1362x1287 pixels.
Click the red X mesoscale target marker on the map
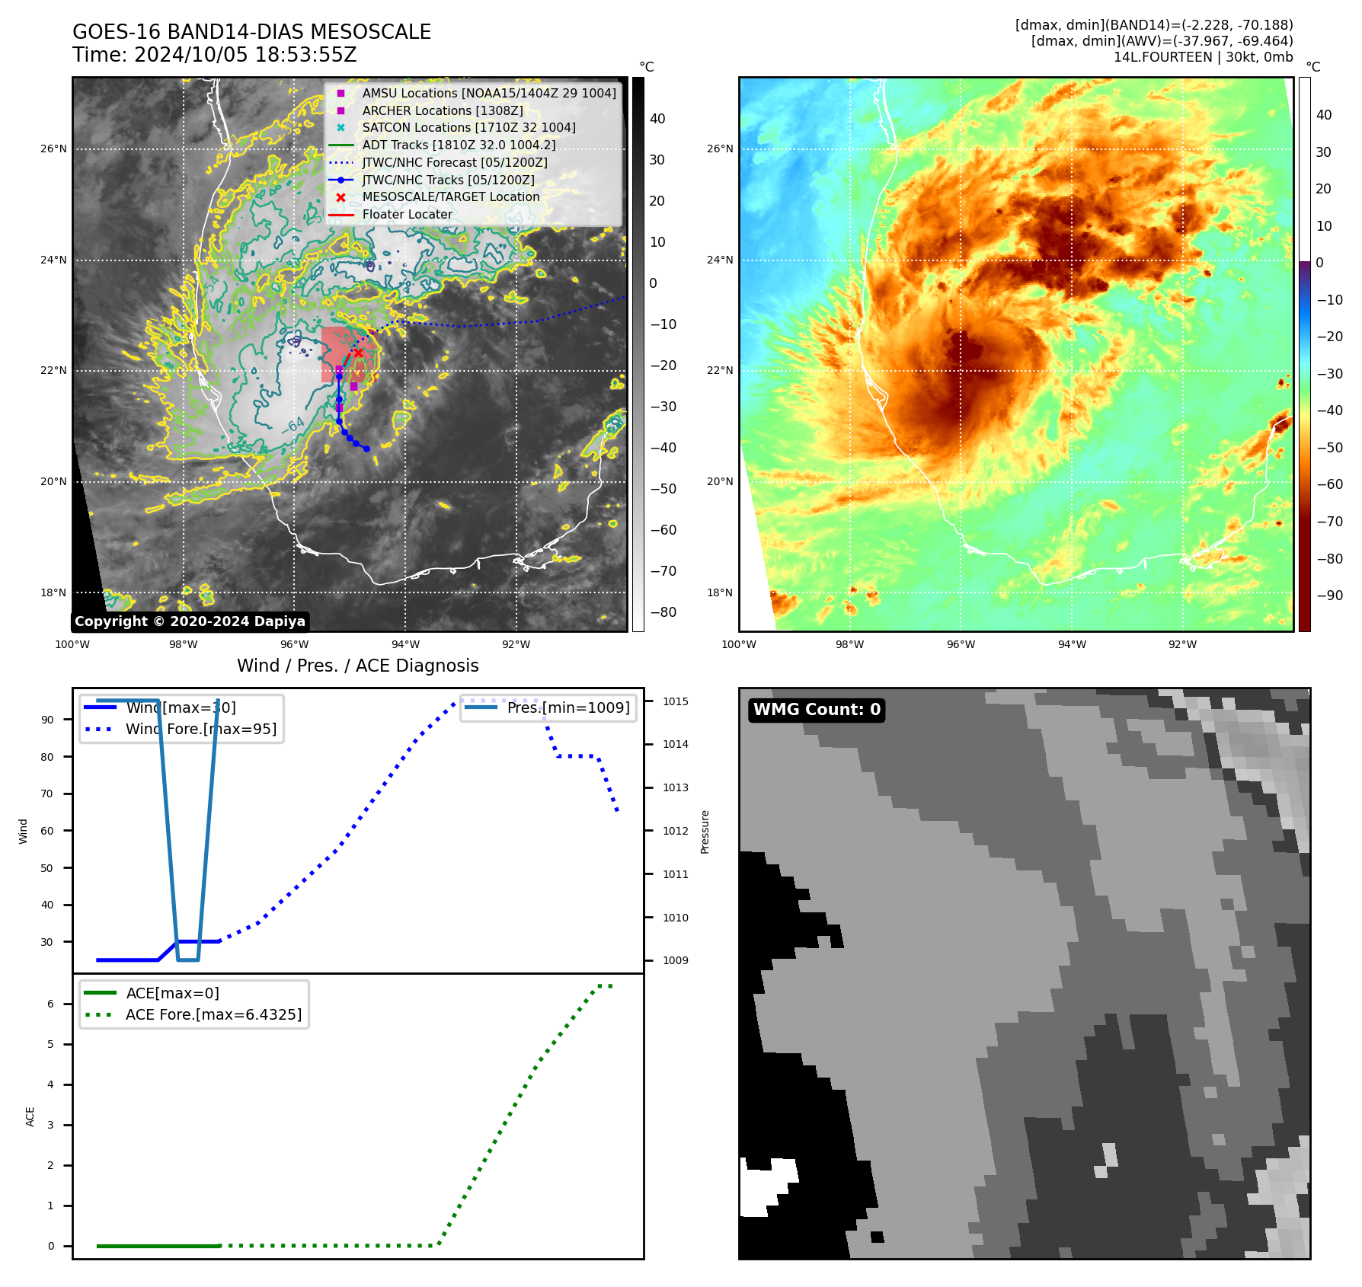358,353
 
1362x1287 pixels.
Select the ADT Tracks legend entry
459,145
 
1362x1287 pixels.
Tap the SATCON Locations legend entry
468,127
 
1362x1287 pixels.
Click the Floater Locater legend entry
407,214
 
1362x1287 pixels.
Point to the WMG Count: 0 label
817,710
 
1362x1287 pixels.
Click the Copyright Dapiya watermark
190,621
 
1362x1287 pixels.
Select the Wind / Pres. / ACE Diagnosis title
358,666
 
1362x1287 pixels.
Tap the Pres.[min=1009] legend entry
568,707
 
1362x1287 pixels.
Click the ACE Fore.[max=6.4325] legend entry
213,1014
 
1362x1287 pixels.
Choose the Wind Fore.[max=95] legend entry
201,729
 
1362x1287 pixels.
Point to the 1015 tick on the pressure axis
675,701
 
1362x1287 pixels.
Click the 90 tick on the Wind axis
47,720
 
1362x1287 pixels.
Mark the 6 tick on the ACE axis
51,1004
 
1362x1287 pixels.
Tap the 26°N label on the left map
53,149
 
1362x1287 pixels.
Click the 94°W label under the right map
1072,644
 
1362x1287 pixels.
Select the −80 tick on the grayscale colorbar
663,612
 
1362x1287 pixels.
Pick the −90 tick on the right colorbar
1329,596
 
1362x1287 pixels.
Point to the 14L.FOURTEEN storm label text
1162,57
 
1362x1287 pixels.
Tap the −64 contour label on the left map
293,426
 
